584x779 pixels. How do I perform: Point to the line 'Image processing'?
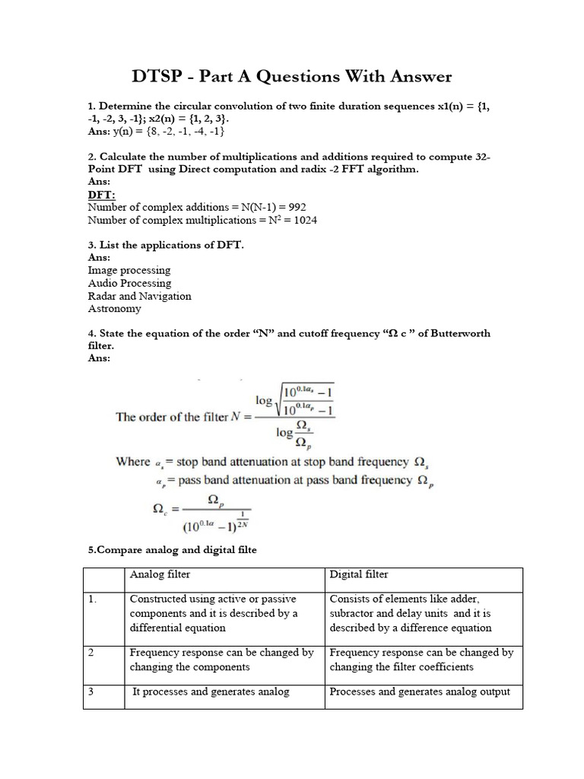click(129, 270)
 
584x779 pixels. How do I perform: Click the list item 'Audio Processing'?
click(129, 283)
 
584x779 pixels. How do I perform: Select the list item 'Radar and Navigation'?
click(139, 296)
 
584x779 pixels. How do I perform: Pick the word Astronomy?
click(114, 309)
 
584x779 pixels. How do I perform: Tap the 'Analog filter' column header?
click(160, 574)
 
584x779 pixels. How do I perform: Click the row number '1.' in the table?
click(93, 599)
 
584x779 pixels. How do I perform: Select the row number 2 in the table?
click(91, 653)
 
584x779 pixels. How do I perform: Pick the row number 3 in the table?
click(91, 692)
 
